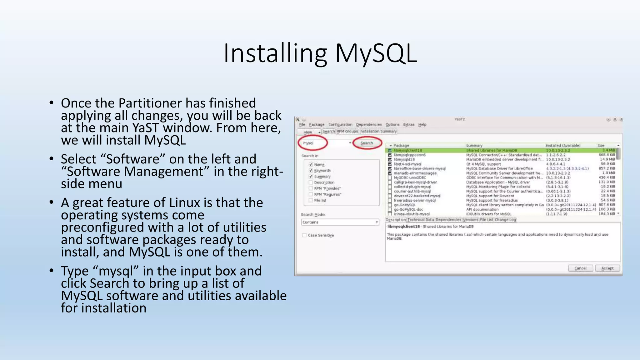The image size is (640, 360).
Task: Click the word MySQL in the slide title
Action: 376,53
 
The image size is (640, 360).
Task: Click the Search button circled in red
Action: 367,143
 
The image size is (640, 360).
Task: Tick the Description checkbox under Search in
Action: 311,182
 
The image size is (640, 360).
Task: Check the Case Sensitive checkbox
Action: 304,235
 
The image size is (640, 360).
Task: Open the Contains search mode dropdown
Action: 340,222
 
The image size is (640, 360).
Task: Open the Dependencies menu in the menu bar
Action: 369,125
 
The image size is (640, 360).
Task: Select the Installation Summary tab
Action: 378,132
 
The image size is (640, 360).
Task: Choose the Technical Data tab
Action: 421,220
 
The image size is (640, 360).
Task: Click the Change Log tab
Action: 505,220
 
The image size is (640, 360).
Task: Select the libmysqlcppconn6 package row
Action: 410,155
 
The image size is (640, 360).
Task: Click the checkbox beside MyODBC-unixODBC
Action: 390,178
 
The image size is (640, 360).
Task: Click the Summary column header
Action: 474,146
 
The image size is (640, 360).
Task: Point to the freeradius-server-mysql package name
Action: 414,200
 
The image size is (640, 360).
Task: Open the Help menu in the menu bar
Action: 422,125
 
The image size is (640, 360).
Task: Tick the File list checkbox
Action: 311,200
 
